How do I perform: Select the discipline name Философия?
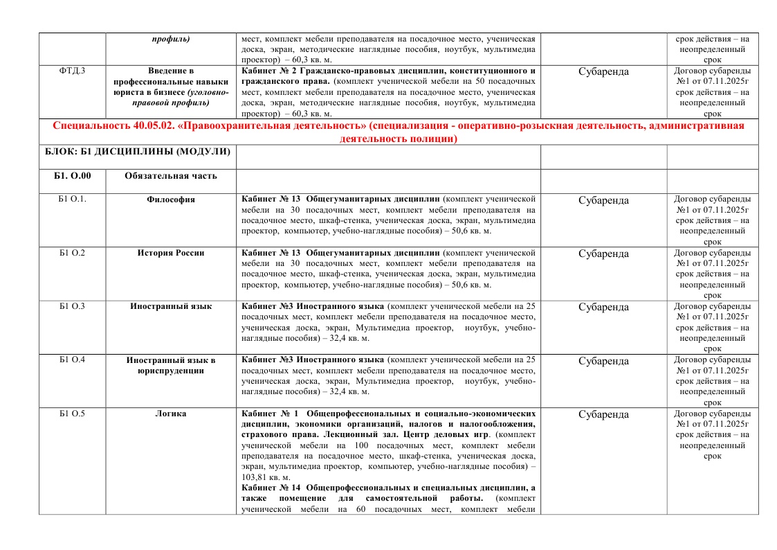click(x=170, y=200)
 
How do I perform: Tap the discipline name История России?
click(x=170, y=254)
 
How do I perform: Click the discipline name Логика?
click(x=170, y=414)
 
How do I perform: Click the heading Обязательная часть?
click(x=170, y=176)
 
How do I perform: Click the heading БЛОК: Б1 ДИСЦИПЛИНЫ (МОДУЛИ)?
click(x=136, y=152)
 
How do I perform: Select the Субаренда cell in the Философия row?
click(x=603, y=201)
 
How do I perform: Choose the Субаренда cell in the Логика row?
click(x=603, y=415)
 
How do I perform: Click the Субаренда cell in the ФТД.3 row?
click(x=603, y=71)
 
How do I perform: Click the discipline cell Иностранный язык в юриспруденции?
click(x=170, y=365)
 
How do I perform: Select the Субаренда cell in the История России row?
click(x=603, y=254)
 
